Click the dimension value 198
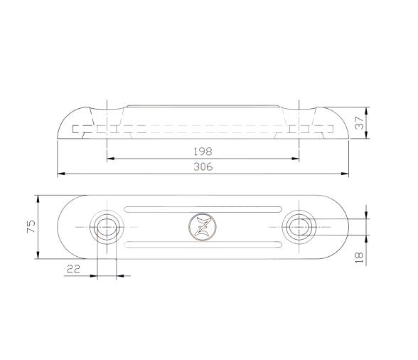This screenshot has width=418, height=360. click(203, 151)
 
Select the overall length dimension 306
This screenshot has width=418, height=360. click(203, 166)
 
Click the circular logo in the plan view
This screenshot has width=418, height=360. click(202, 227)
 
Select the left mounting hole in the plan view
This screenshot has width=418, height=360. click(107, 227)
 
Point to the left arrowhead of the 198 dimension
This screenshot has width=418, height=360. click(109, 158)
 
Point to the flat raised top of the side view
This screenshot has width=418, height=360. click(203, 106)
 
